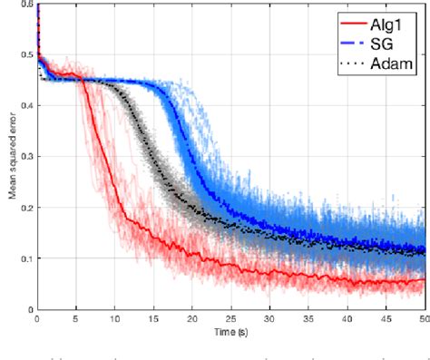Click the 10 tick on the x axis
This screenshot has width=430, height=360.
click(114, 321)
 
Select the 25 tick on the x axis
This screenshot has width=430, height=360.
click(231, 321)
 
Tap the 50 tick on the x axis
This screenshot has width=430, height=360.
click(423, 321)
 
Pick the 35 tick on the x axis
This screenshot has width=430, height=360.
click(308, 321)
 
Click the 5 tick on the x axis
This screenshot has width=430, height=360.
click(76, 321)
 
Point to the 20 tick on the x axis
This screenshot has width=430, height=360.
click(192, 321)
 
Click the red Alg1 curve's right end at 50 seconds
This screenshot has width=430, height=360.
click(424, 280)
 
